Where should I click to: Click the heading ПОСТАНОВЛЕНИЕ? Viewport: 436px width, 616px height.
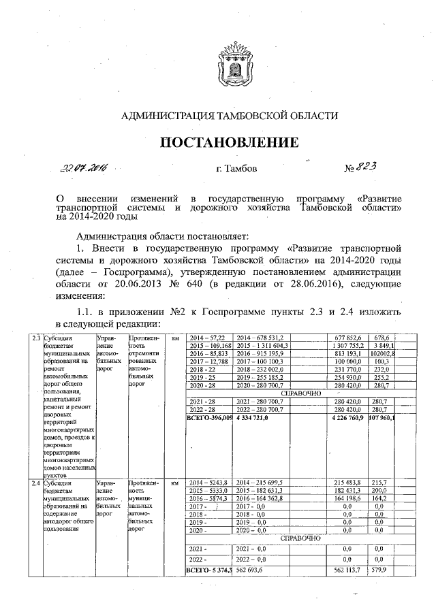pyautogui.click(x=230, y=142)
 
